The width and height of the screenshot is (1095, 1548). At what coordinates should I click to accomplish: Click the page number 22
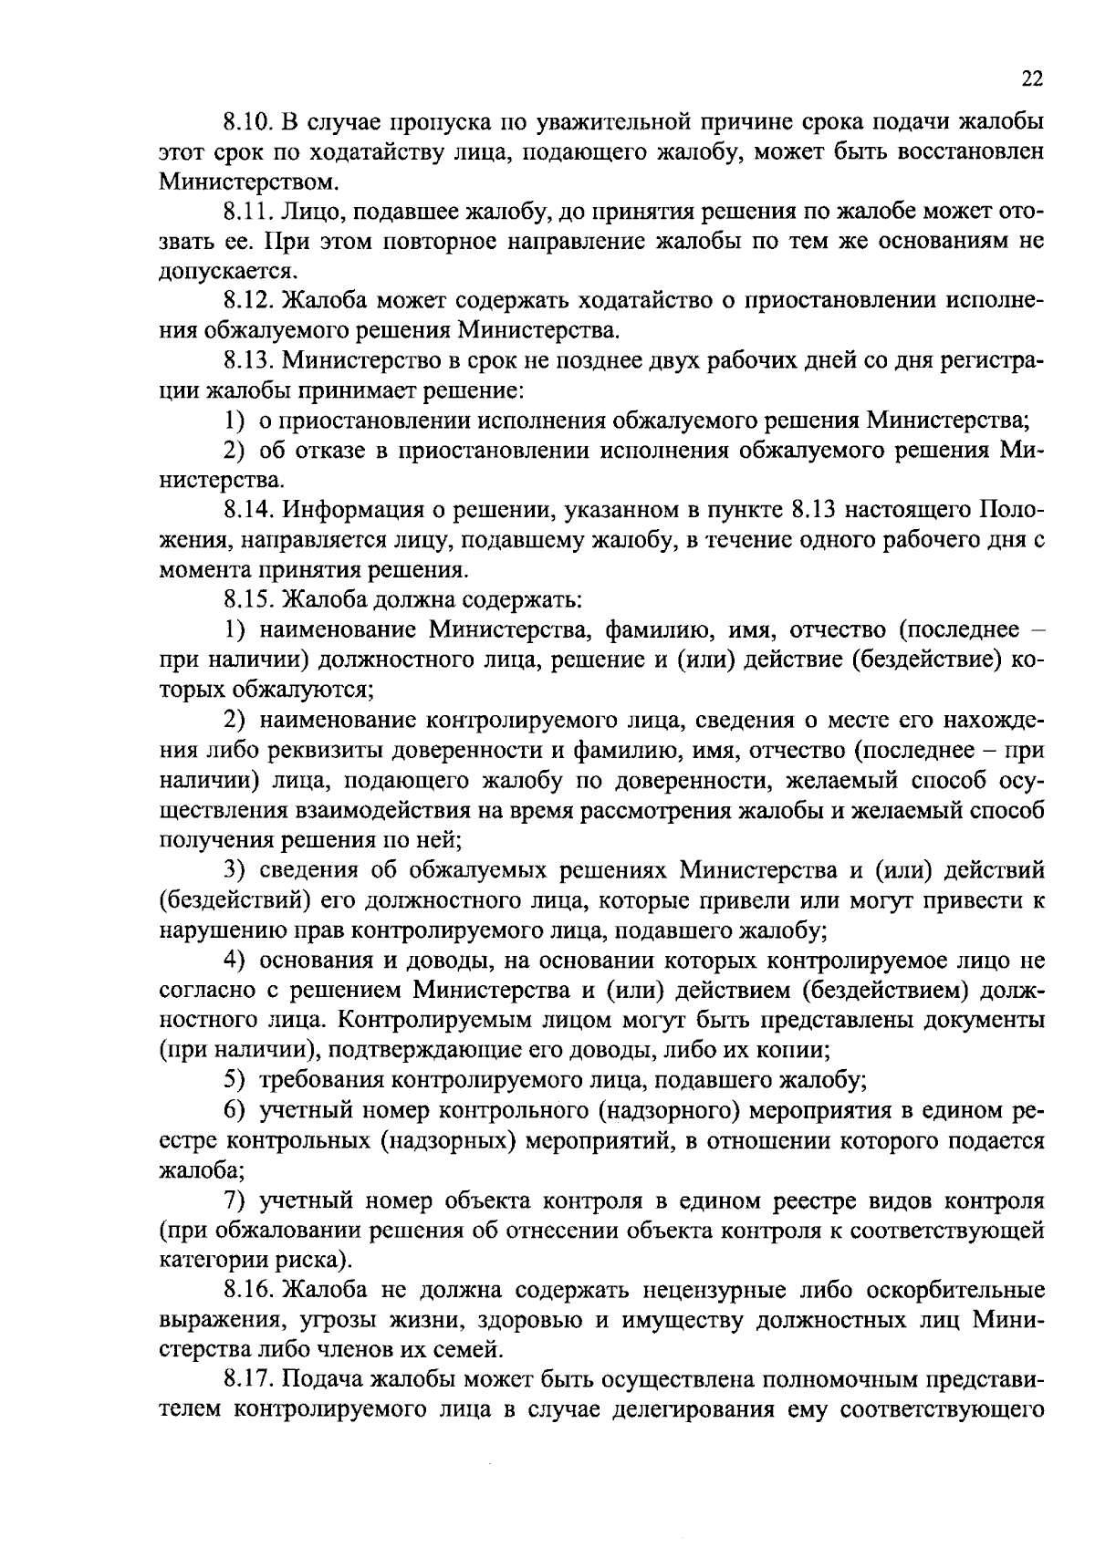coord(1032,79)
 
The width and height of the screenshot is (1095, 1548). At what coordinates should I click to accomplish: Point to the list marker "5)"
coord(236,1082)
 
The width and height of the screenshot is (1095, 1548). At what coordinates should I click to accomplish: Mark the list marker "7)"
coord(236,1201)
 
